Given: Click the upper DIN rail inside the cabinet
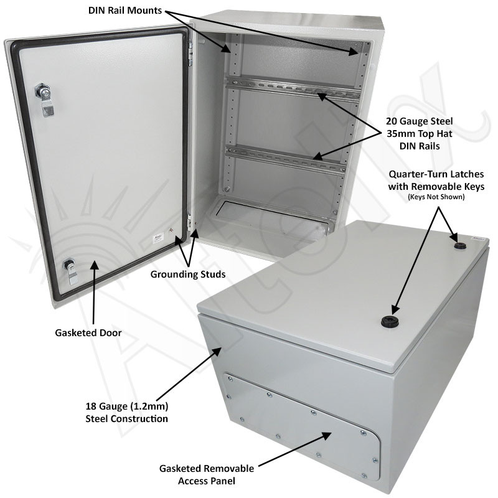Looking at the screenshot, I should [x=293, y=89].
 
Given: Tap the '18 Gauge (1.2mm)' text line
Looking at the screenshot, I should [x=126, y=406].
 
